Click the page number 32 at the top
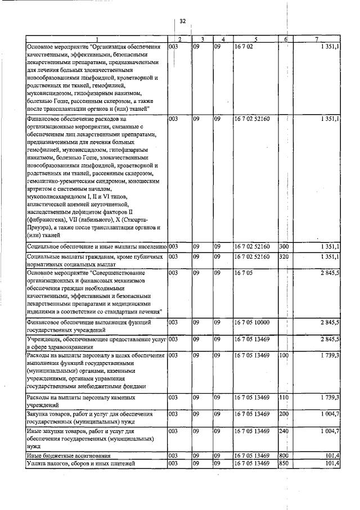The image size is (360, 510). point(182,21)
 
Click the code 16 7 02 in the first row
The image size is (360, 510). point(242,47)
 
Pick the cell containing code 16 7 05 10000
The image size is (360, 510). point(253,323)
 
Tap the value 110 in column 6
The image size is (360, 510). point(284,398)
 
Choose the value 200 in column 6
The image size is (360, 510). point(284,414)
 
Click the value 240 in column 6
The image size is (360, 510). point(284,431)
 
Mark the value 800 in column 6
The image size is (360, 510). point(284,455)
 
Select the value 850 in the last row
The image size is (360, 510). point(284,463)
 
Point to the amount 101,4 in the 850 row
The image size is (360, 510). point(331,463)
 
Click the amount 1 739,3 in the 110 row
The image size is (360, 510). point(328,398)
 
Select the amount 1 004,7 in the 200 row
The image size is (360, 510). point(328,414)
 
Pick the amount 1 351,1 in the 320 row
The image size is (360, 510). point(328,257)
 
